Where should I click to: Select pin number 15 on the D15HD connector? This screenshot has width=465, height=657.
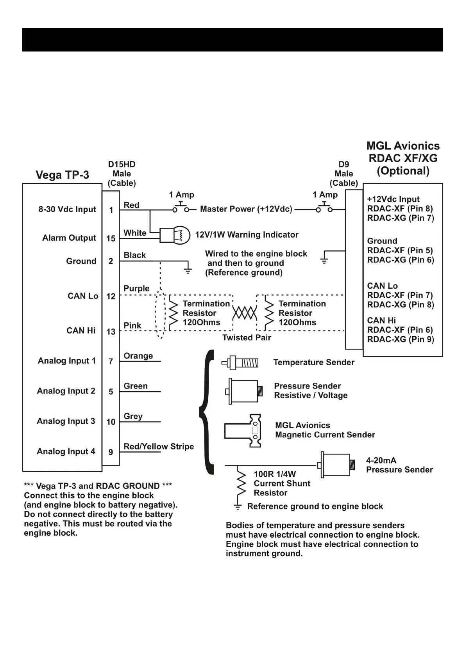tap(111, 238)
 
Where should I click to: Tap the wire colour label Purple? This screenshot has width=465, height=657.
tap(136, 289)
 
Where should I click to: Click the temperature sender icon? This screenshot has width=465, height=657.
tap(240, 363)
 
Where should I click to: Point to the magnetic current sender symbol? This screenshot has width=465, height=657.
tap(243, 431)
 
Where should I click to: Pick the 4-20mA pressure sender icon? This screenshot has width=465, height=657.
tap(336, 465)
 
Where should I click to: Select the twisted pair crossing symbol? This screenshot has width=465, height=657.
tap(245, 313)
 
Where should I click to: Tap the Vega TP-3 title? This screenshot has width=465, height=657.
tap(63, 175)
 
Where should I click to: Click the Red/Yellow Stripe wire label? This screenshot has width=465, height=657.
tap(159, 447)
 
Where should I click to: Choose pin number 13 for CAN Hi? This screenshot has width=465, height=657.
tap(111, 332)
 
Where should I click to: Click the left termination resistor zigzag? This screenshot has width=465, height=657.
tap(173, 313)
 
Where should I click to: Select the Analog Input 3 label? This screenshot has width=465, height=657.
tap(66, 421)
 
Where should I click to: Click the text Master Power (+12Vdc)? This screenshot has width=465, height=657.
tap(246, 209)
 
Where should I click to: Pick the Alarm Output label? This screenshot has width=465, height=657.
tap(69, 238)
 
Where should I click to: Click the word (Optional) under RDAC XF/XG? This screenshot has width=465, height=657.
tap(403, 171)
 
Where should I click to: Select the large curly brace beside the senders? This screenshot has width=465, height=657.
tap(207, 412)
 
